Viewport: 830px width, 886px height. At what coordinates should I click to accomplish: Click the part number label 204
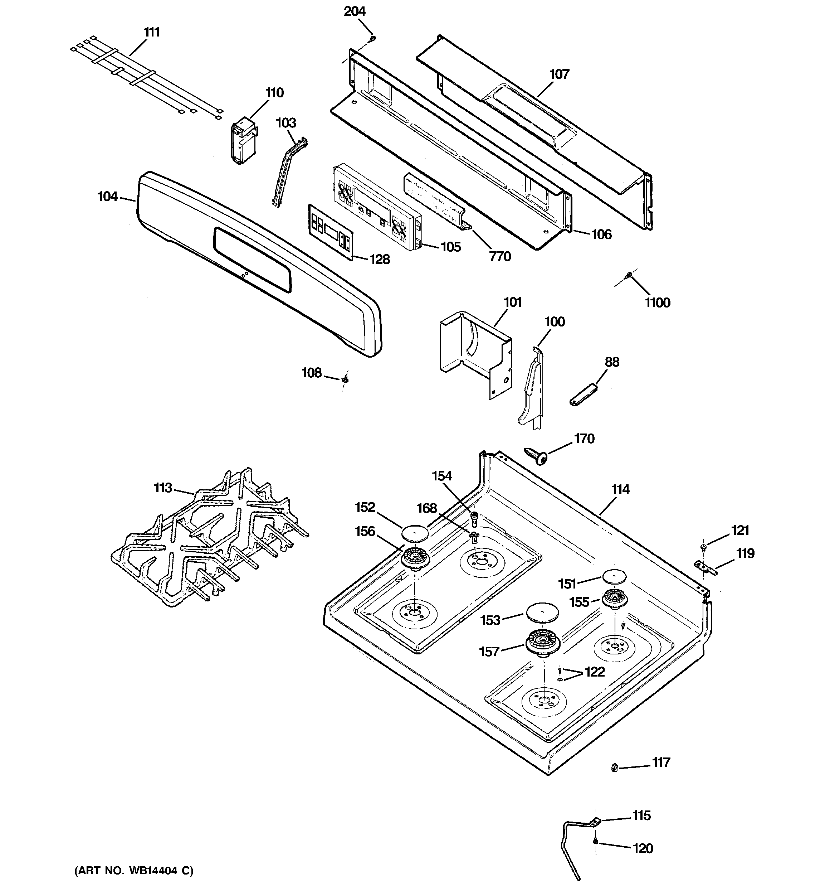[x=354, y=11]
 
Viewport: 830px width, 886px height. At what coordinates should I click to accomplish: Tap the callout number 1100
[x=658, y=303]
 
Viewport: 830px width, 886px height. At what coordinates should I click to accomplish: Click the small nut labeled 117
[x=614, y=768]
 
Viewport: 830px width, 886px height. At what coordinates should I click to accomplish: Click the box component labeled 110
[x=244, y=140]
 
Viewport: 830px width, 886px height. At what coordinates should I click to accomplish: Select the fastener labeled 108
[x=345, y=380]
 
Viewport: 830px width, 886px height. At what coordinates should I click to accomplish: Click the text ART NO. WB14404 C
[x=134, y=871]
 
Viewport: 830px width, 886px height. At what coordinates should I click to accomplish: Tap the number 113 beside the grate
[x=163, y=488]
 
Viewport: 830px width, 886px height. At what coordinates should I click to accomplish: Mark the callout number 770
[x=499, y=256]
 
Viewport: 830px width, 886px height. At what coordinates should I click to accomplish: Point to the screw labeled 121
[x=703, y=546]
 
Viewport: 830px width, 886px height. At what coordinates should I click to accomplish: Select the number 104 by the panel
[x=107, y=197]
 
